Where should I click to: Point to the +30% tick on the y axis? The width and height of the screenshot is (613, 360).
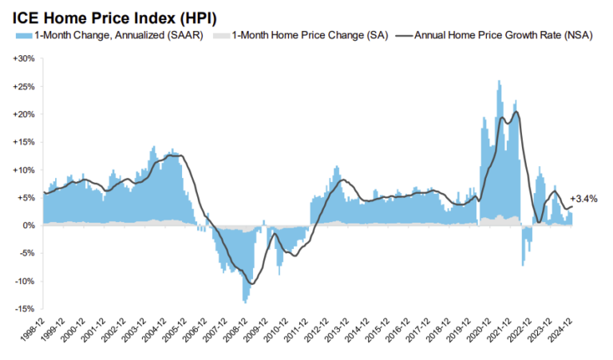click(24, 59)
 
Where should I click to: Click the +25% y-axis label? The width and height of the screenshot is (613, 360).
click(24, 86)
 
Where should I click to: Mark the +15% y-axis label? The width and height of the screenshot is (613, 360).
click(24, 142)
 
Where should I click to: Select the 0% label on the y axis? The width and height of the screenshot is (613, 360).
click(28, 226)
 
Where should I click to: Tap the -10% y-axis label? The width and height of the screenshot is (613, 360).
click(24, 282)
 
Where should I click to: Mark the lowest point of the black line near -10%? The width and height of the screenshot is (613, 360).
click(253, 283)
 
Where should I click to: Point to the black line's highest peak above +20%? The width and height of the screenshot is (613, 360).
click(516, 112)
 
